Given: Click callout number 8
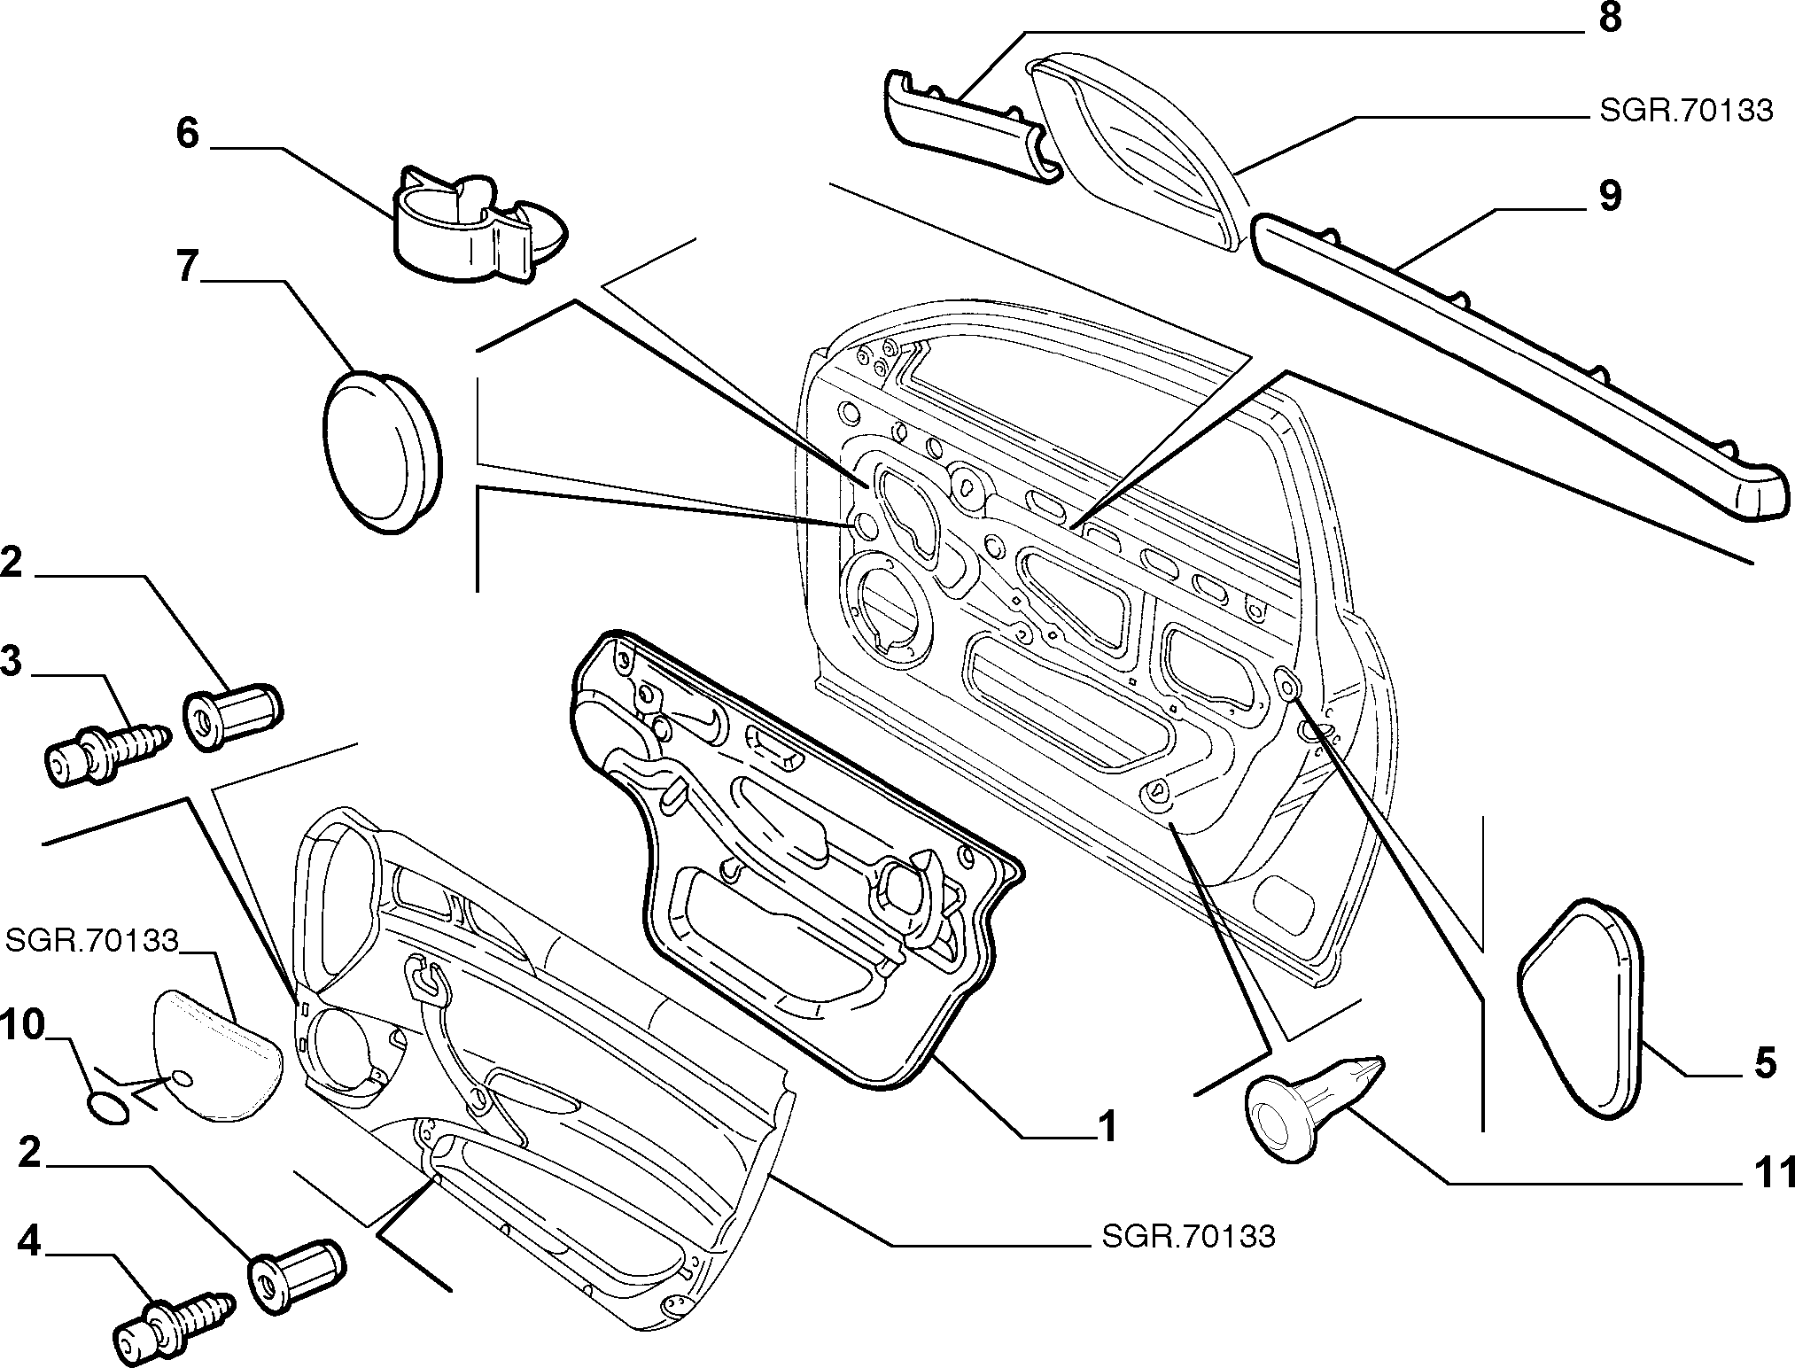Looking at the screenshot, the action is (1609, 18).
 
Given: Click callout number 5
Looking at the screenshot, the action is (1765, 1063).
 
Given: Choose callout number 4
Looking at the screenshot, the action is (29, 1242).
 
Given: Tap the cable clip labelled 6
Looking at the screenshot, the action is (478, 224).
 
